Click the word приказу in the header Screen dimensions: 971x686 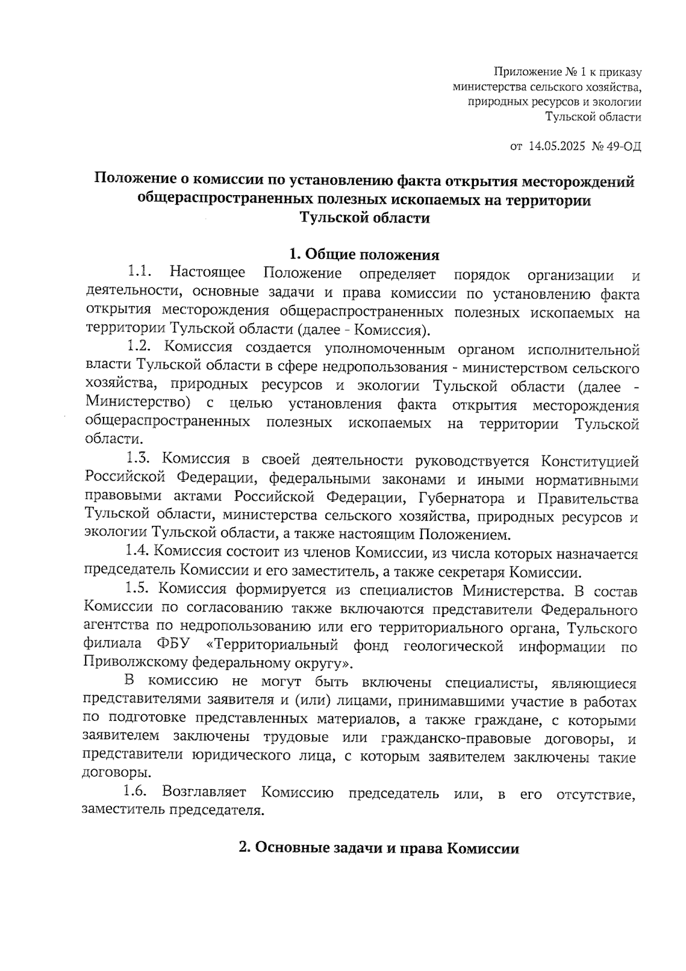(620, 73)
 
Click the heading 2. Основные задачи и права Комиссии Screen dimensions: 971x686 (379, 849)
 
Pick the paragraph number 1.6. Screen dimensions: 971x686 (135, 792)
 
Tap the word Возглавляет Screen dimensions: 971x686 (204, 792)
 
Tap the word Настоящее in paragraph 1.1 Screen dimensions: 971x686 (208, 273)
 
